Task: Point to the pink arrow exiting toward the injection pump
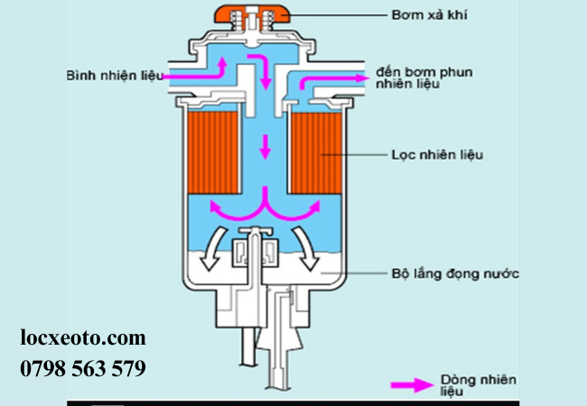point(334,80)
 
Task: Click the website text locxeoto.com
point(83,338)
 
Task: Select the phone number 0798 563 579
point(83,368)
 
